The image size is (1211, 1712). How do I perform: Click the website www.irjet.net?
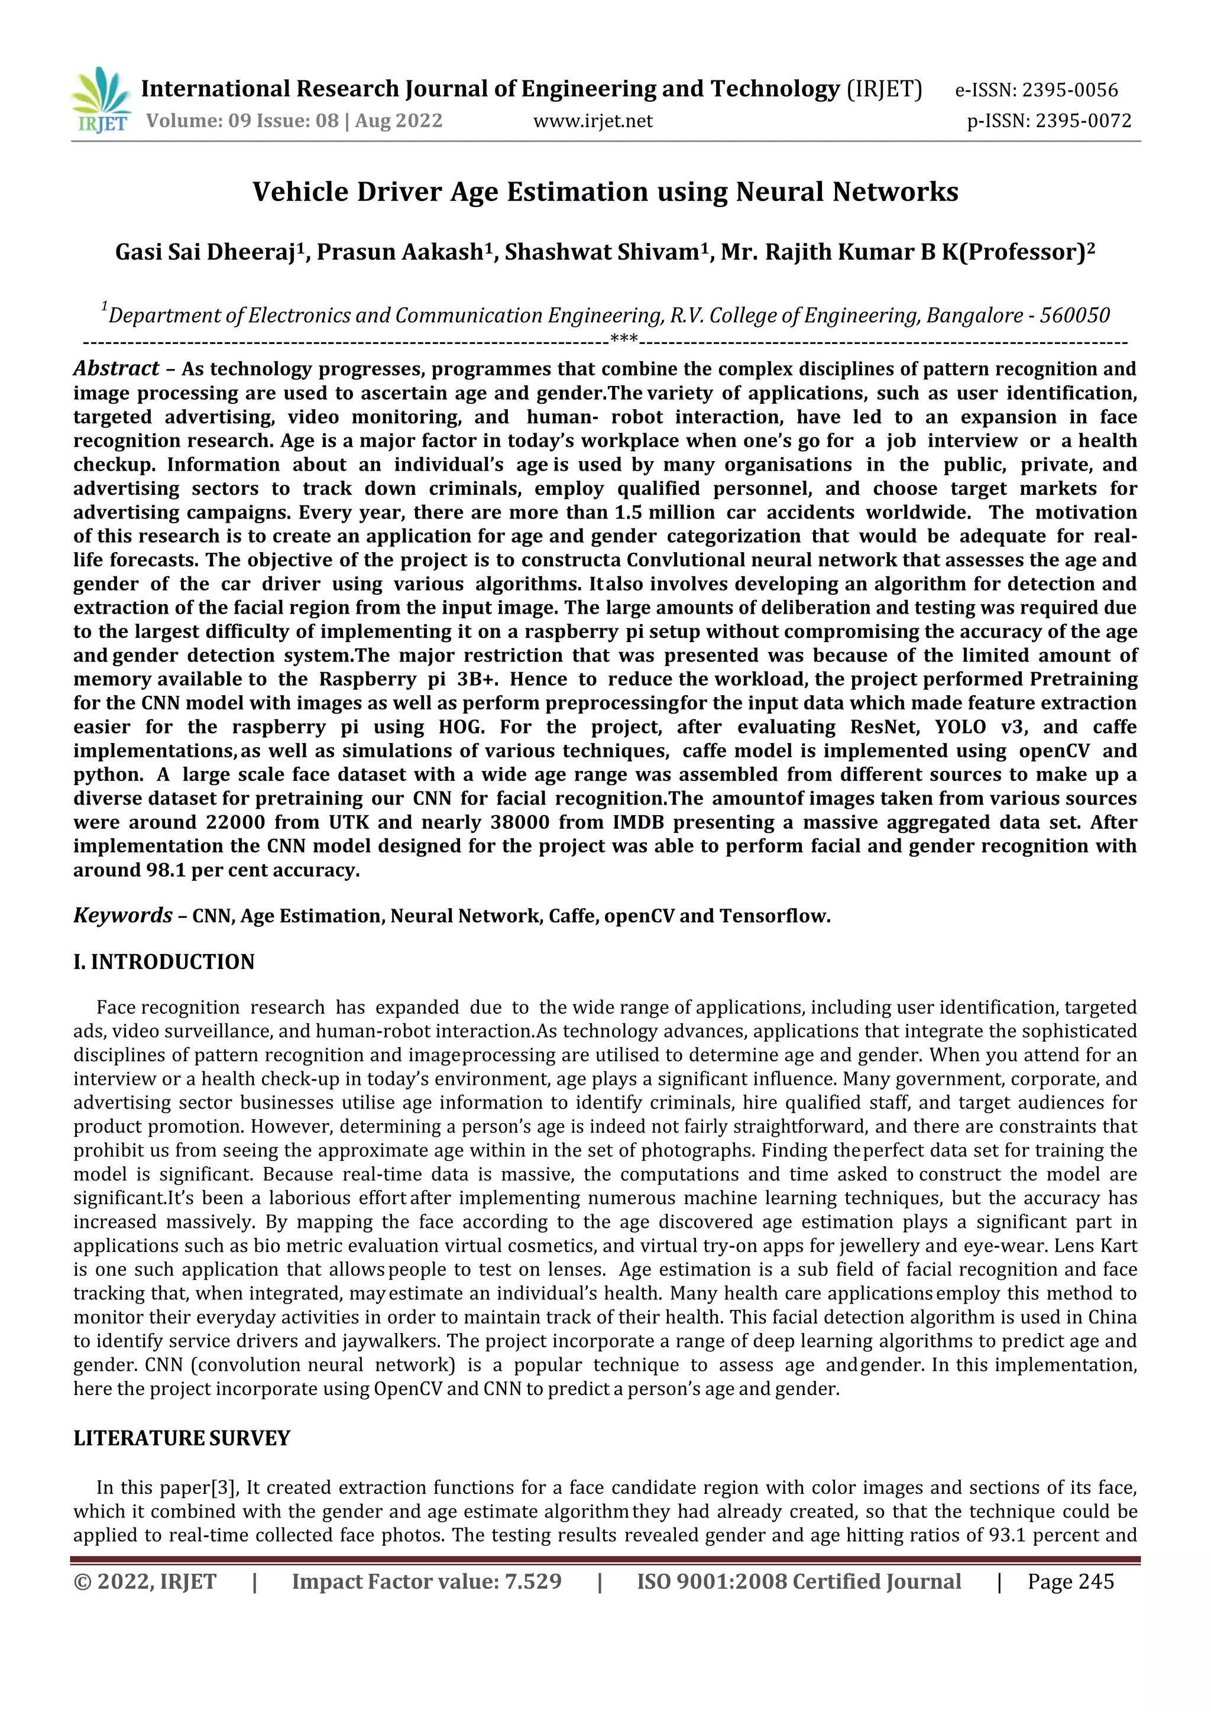[x=593, y=121]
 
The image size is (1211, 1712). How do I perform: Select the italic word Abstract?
[x=115, y=368]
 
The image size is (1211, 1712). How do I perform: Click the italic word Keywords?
[x=122, y=915]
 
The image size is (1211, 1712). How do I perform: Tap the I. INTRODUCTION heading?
[x=164, y=962]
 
